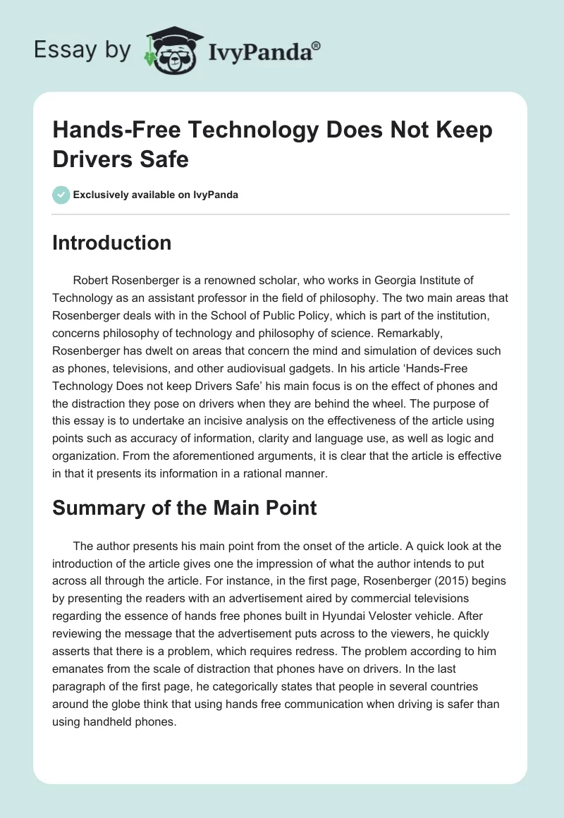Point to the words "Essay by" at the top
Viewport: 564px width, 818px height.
(83, 50)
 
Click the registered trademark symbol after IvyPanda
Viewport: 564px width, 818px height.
(317, 46)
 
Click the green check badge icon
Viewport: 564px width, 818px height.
(61, 195)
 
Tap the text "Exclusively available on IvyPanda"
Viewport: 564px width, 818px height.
(156, 195)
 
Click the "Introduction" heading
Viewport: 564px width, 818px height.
(112, 243)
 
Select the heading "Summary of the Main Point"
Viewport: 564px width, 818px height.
(185, 508)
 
